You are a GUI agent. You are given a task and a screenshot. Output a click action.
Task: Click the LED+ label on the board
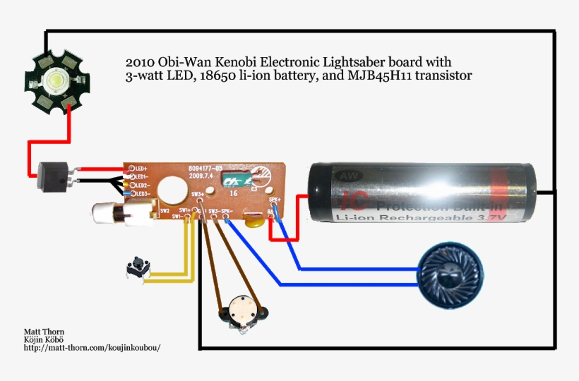[140, 169]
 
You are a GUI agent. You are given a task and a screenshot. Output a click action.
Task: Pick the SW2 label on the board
[165, 210]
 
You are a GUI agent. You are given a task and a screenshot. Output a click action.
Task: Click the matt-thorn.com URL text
[87, 348]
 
